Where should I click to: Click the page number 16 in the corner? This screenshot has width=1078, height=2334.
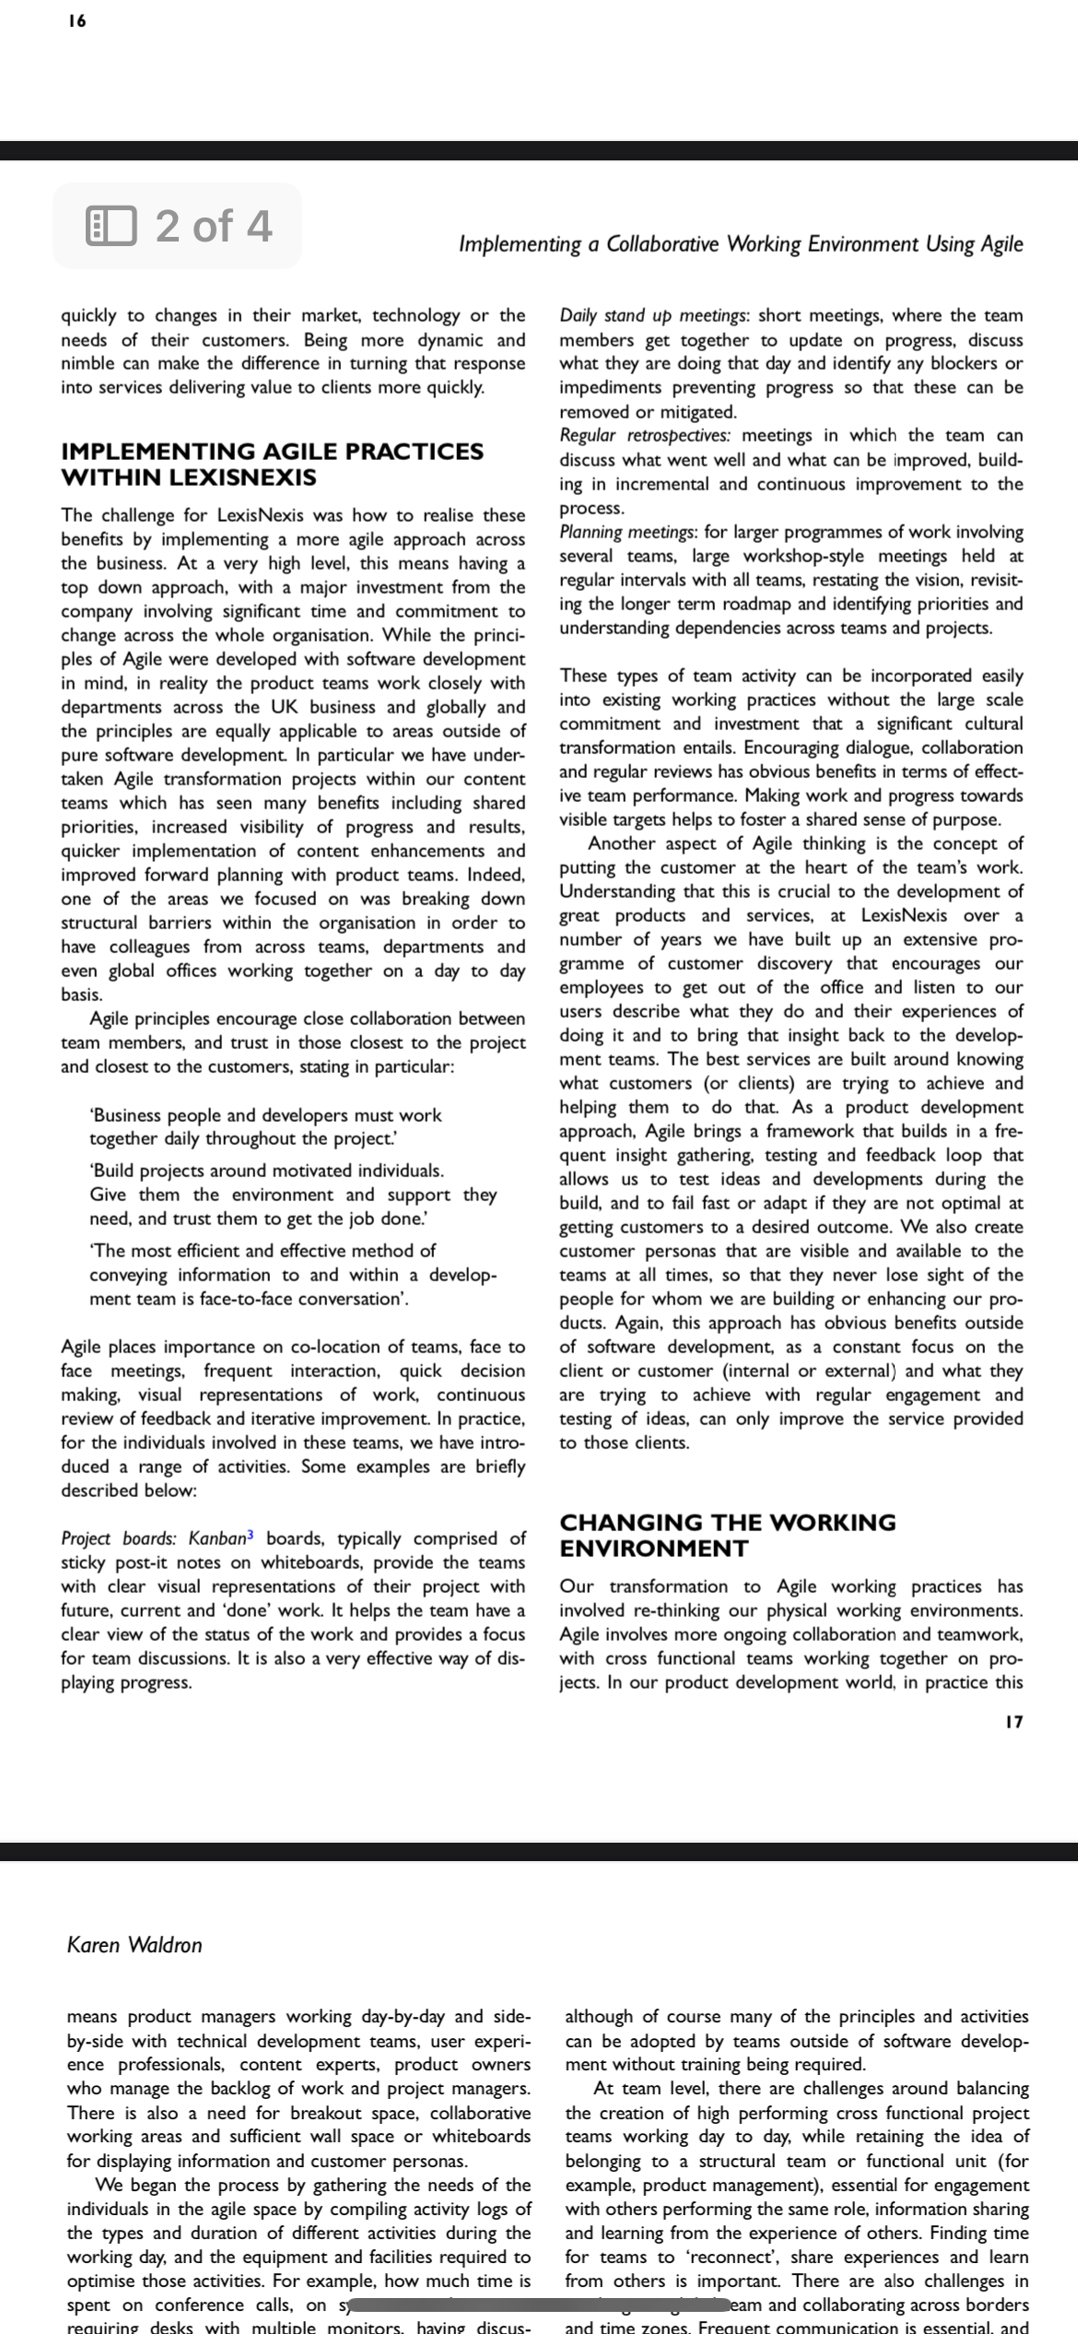pos(77,21)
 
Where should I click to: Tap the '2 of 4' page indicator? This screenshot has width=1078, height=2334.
pos(214,226)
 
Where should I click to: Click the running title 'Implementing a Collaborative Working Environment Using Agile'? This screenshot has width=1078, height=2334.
pos(741,244)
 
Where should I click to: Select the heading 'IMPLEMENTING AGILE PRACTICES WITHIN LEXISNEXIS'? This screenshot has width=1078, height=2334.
pos(272,464)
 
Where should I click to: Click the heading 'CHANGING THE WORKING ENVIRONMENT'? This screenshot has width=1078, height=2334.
pos(728,1535)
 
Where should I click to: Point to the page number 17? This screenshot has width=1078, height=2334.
pos(1014,1721)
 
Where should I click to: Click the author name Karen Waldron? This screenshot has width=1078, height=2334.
pos(135,1945)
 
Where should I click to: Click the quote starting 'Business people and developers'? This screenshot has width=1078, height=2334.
pos(265,1126)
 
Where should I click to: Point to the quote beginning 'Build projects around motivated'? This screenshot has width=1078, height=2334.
pos(292,1194)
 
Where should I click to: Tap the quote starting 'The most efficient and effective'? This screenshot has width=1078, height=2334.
pos(292,1274)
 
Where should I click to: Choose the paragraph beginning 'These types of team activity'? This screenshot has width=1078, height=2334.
pos(791,747)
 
